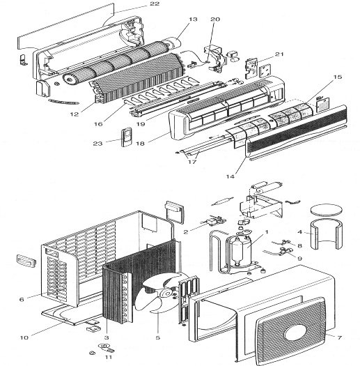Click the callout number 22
tap(155, 3)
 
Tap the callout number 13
tap(193, 19)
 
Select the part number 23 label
tap(97, 144)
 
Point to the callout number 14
tap(230, 176)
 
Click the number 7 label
tap(339, 337)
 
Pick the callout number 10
tap(24, 337)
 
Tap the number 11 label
tap(109, 357)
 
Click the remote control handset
tap(126, 137)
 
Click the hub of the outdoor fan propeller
tap(167, 293)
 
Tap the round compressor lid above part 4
tap(326, 209)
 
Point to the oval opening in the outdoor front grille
tap(295, 333)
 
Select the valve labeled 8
tap(285, 243)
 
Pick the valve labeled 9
tap(284, 251)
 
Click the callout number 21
tap(279, 54)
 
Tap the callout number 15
tap(338, 77)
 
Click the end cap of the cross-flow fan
tap(70, 79)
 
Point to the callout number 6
tap(22, 299)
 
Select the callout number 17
tap(192, 162)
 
